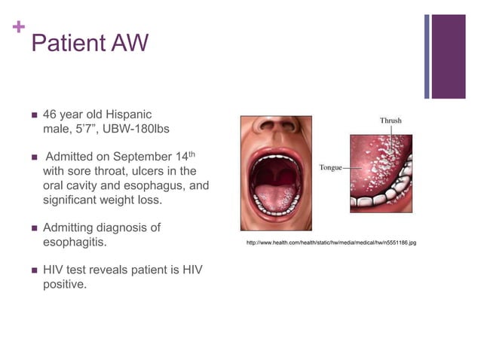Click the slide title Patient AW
point(90,43)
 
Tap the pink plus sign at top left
point(18,29)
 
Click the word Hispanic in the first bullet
point(127,114)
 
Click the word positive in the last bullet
point(64,285)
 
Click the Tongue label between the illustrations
point(331,167)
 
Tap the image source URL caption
point(332,243)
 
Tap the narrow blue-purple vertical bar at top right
point(427,56)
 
